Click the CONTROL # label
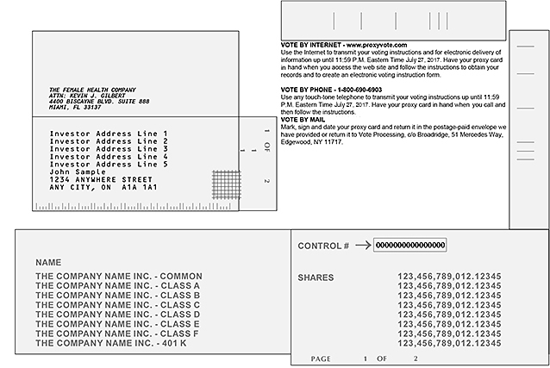pos(323,246)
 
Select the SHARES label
pos(316,278)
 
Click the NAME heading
pos(48,261)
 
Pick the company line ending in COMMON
pos(106,276)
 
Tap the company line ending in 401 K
pos(100,343)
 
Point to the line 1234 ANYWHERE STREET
pos(101,179)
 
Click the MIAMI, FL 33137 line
pos(75,108)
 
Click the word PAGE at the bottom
pos(320,358)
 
